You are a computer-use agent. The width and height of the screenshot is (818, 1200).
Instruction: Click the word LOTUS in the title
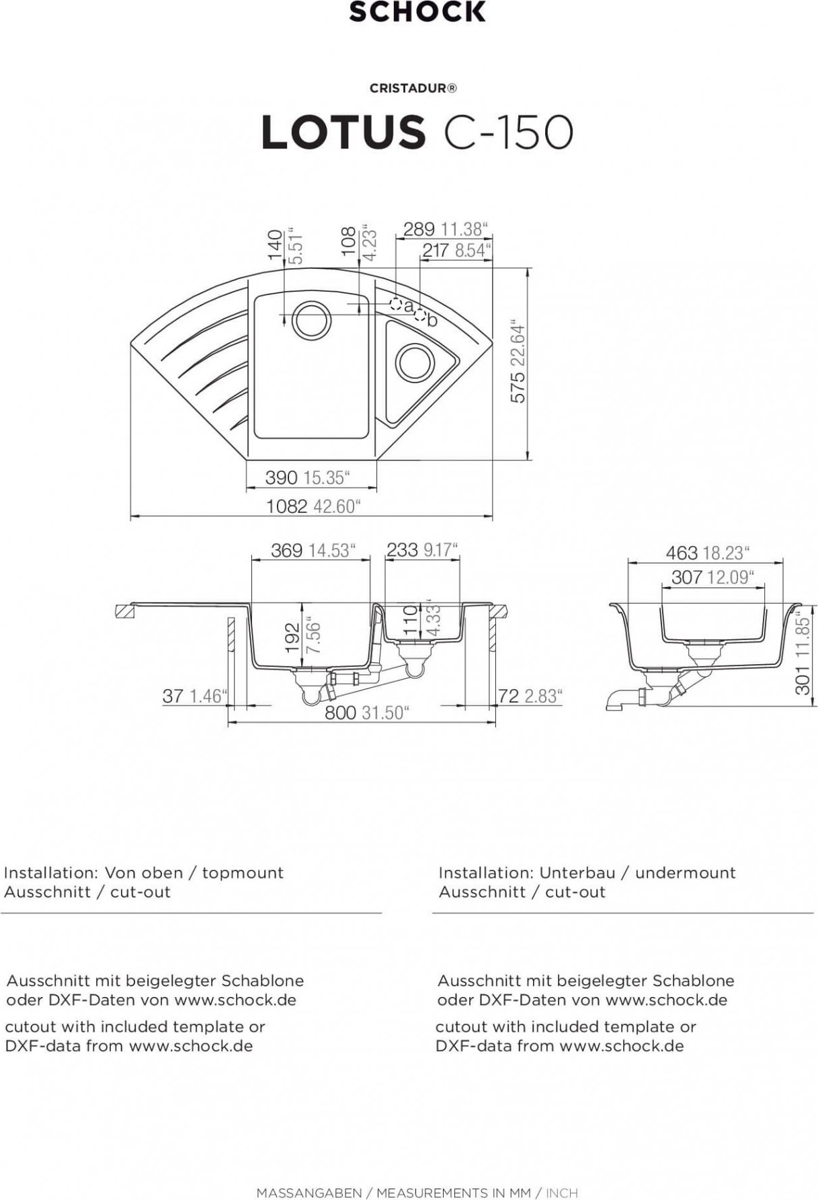click(x=343, y=132)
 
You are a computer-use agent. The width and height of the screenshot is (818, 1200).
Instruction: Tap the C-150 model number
click(x=508, y=132)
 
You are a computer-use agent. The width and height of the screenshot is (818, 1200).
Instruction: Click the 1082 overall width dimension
click(x=287, y=506)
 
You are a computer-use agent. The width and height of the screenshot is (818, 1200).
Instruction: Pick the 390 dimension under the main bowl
click(x=281, y=477)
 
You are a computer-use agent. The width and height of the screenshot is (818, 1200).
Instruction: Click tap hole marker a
click(x=397, y=303)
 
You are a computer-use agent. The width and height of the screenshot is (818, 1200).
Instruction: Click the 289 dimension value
click(x=419, y=229)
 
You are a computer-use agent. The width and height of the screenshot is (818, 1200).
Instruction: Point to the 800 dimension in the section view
click(x=341, y=713)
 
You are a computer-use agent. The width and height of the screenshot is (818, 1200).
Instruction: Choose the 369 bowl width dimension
click(x=287, y=551)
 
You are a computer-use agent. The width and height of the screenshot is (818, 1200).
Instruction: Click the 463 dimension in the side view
click(x=682, y=553)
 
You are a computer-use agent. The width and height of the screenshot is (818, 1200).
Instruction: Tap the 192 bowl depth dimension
click(x=292, y=639)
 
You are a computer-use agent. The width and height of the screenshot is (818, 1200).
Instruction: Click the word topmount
click(x=243, y=873)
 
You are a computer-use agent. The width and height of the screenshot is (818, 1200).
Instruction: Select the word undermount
click(x=686, y=873)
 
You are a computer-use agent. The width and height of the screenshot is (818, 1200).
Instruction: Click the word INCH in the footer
click(x=561, y=1193)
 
